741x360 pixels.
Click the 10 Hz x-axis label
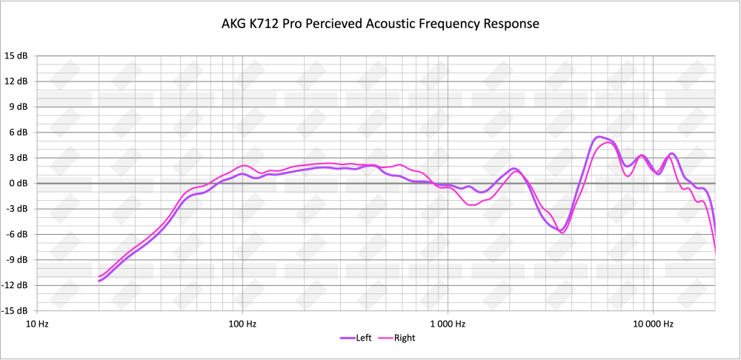click(37, 324)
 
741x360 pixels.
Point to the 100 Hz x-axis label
click(242, 324)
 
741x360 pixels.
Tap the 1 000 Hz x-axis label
click(447, 324)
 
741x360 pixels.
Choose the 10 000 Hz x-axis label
click(652, 324)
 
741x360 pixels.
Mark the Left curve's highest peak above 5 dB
click(599, 137)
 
